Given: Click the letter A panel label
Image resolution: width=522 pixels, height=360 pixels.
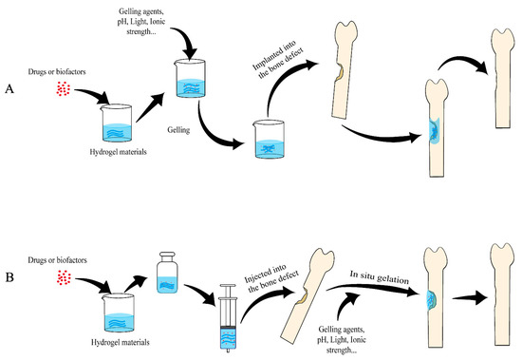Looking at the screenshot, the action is click(9, 89).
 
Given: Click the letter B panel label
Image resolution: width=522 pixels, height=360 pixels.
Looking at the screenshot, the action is click(9, 277).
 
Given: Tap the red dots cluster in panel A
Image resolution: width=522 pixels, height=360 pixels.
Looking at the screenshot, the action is click(63, 89).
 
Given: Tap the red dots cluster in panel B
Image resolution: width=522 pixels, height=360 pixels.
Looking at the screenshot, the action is click(64, 277).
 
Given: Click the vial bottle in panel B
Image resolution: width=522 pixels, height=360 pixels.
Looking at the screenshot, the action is click(167, 273).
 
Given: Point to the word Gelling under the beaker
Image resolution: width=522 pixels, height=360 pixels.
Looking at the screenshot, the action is click(178, 130).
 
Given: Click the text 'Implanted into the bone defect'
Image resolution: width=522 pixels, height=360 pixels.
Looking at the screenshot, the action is click(278, 60).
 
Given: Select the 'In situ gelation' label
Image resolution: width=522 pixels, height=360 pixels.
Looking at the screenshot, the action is click(380, 277).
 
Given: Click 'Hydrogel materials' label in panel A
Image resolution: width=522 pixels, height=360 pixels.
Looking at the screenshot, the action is click(119, 152).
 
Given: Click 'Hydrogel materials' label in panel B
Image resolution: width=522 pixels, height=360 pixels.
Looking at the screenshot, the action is click(121, 342).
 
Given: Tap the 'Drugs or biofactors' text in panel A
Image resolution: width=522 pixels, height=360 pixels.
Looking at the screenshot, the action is click(57, 71).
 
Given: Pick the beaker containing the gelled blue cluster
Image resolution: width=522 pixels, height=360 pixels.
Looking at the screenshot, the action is click(269, 139).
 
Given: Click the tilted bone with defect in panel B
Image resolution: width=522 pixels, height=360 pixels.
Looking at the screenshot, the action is click(308, 295).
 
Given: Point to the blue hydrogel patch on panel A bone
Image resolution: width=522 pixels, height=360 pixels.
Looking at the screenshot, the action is click(435, 131).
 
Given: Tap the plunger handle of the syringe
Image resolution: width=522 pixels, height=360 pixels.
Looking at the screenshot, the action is click(228, 286).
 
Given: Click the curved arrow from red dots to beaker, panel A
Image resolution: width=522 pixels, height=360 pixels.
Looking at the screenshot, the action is click(93, 94).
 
